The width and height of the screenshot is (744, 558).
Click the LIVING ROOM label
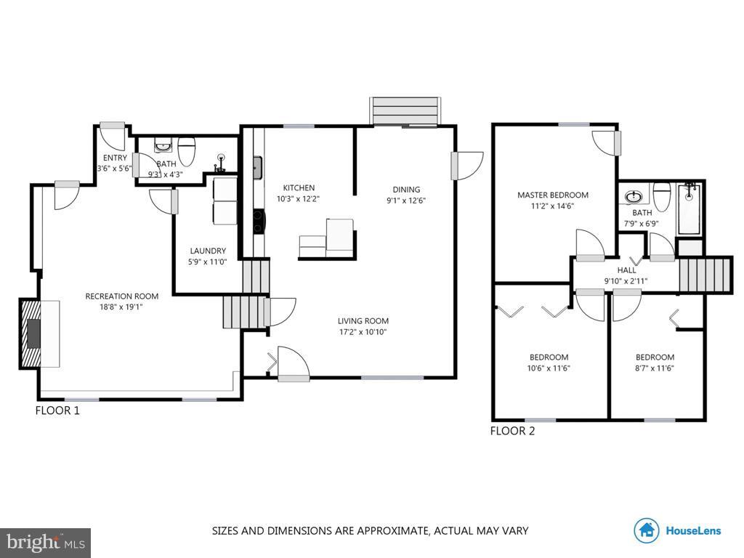click(x=363, y=320)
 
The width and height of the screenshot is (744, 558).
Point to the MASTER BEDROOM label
click(x=552, y=195)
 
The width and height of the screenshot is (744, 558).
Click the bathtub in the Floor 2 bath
click(x=690, y=209)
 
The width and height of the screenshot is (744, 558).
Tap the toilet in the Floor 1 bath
click(x=187, y=152)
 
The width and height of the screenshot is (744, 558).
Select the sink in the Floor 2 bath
click(x=634, y=197)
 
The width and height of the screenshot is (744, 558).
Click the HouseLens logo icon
click(x=646, y=530)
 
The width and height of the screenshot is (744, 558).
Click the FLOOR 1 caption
click(x=57, y=411)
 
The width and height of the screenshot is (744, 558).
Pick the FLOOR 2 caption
click(x=512, y=431)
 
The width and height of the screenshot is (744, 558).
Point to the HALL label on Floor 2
click(x=626, y=270)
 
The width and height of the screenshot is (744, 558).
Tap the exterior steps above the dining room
click(x=405, y=111)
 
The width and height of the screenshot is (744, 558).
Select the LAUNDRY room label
click(x=207, y=251)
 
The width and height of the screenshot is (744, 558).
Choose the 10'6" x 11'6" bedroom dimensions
click(x=549, y=368)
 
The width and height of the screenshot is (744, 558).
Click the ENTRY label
click(x=115, y=158)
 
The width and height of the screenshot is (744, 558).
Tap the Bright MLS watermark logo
click(x=45, y=542)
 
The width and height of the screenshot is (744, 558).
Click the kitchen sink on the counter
click(x=256, y=168)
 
